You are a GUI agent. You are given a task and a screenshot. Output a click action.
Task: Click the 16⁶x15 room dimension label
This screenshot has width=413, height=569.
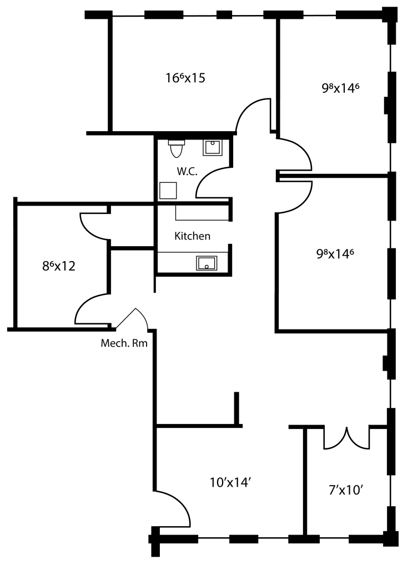pos(185,78)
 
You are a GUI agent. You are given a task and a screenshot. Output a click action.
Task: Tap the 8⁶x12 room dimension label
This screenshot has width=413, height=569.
pos(59,266)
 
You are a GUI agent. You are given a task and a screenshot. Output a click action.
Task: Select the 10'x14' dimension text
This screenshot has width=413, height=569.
pos(230,482)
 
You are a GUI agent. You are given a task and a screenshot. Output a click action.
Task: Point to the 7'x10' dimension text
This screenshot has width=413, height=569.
pos(346,490)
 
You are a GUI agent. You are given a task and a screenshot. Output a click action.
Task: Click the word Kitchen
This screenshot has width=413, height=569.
pos(192,236)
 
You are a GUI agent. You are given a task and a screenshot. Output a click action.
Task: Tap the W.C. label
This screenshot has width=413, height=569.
pos(187,171)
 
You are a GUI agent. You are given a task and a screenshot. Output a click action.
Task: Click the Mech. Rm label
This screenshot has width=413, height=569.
pos(124,343)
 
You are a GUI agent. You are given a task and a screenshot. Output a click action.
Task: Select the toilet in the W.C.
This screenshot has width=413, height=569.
pos(177,148)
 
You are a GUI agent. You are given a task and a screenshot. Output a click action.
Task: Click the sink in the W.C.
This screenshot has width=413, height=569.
pos(213,148)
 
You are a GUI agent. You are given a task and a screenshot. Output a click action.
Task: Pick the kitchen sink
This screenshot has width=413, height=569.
pos(206,263)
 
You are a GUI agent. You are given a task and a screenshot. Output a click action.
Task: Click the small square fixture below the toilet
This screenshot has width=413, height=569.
pos(168,191)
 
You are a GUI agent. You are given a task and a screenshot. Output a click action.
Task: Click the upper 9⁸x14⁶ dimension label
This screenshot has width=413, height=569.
pos(340,88)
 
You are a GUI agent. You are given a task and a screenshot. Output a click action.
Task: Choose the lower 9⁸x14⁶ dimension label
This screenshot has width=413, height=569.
pos(335,253)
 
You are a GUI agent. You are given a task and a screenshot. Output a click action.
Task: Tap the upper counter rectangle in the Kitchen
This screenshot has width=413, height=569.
pos(202,213)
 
